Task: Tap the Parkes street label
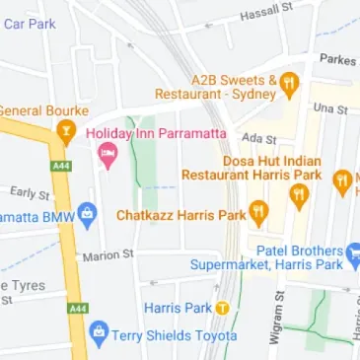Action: coord(337,58)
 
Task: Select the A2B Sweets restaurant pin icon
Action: coord(289,84)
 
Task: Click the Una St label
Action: coord(330,108)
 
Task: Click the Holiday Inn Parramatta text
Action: coord(156,132)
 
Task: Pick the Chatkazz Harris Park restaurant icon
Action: coord(258,212)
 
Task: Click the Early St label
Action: coord(30,192)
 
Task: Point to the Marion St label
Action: coord(108,255)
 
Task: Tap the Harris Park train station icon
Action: coord(222,308)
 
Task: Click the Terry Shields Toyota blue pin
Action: coord(97,334)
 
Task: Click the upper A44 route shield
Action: coord(65,166)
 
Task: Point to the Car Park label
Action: coord(29,22)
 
